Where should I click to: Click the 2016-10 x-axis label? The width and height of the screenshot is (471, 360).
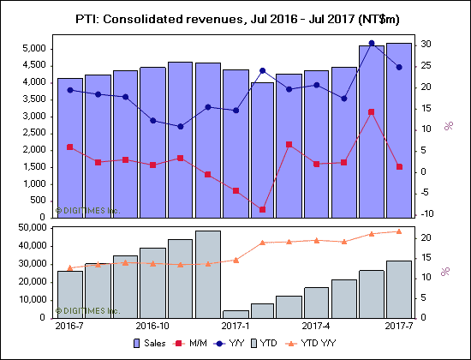152,327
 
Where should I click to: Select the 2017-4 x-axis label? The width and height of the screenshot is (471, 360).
317,327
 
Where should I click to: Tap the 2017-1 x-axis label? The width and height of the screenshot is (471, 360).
235,327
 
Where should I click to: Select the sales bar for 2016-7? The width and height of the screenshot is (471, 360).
70,146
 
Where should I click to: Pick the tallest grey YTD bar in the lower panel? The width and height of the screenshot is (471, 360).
207,273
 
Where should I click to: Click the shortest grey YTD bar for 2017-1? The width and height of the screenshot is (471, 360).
235,314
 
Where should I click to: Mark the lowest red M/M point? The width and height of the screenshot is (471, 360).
262,209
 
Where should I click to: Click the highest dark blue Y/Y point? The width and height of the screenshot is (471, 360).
371,43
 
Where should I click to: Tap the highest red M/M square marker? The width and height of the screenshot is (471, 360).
371,112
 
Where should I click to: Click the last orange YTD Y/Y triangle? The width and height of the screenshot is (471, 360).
398,231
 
